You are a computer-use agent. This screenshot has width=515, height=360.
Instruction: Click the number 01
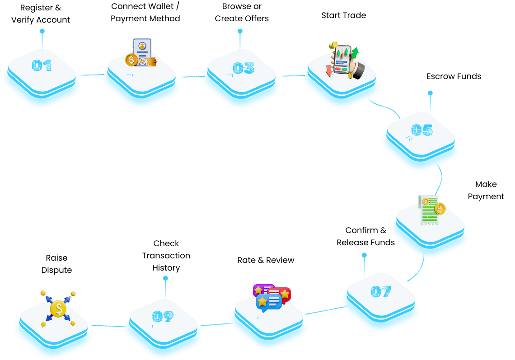pyautogui.click(x=42, y=66)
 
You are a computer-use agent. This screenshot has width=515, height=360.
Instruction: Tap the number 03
pyautogui.click(x=243, y=68)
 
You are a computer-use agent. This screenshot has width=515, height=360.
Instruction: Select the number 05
pyautogui.click(x=422, y=130)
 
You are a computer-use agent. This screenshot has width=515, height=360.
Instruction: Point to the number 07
pyautogui.click(x=381, y=292)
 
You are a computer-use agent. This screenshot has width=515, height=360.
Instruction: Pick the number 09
pyautogui.click(x=163, y=317)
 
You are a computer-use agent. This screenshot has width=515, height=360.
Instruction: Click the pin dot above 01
pyautogui.click(x=42, y=31)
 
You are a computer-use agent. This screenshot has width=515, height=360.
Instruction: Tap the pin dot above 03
pyautogui.click(x=240, y=31)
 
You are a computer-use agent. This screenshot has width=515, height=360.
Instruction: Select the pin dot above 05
pyautogui.click(x=430, y=93)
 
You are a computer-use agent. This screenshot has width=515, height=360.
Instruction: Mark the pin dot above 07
pyautogui.click(x=364, y=255)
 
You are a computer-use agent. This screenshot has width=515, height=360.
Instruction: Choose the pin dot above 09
pyautogui.click(x=165, y=278)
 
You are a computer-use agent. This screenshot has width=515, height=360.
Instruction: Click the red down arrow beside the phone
pyautogui.click(x=329, y=70)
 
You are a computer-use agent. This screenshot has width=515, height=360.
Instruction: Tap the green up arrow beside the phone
pyautogui.click(x=355, y=53)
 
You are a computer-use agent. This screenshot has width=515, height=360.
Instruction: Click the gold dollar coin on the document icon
pyautogui.click(x=131, y=60)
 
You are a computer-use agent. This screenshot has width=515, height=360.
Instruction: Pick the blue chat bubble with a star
pyautogui.click(x=268, y=302)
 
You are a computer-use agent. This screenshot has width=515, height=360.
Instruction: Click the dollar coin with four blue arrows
pyautogui.click(x=58, y=309)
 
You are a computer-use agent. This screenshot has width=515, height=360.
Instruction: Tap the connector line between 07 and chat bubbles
pyautogui.click(x=323, y=311)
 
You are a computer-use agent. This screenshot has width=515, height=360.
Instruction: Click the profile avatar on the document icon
pyautogui.click(x=142, y=46)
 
